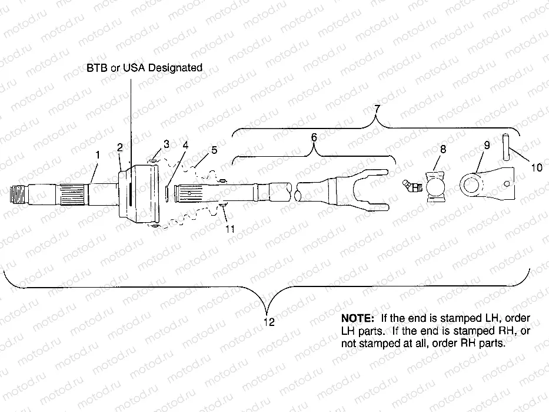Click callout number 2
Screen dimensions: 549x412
119,147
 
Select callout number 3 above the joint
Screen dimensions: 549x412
167,143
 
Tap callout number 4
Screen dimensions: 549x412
185,144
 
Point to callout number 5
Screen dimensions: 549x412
214,149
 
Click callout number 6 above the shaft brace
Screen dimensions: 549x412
314,137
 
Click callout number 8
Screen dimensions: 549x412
443,149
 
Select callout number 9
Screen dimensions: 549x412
486,144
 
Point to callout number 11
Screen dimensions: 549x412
229,229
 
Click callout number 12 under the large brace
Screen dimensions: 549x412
269,322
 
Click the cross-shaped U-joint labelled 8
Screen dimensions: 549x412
437,187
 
